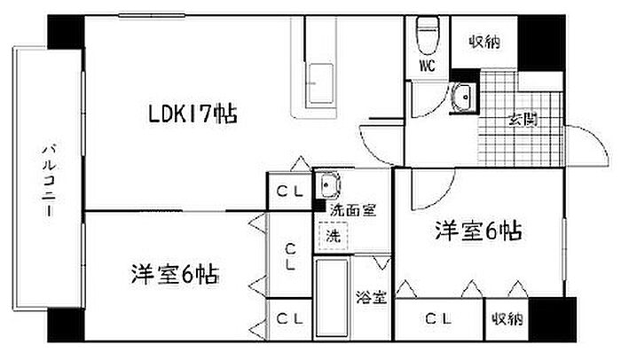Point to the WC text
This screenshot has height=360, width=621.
click(x=427, y=66)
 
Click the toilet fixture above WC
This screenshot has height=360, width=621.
click(x=427, y=33)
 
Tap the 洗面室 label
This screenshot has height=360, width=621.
click(x=352, y=210)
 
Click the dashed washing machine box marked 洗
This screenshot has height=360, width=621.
click(x=334, y=237)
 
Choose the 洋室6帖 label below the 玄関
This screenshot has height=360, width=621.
click(x=477, y=232)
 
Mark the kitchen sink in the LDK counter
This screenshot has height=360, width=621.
click(x=318, y=82)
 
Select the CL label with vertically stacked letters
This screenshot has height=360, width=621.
click(x=289, y=256)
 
